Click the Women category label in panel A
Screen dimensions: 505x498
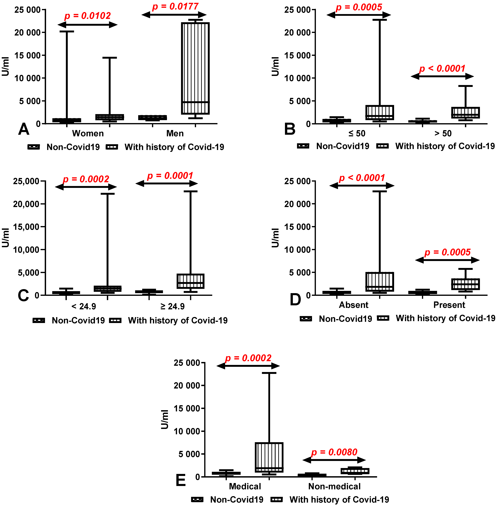click(88, 133)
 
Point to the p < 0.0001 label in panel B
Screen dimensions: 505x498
click(442, 68)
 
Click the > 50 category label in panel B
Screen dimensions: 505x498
click(443, 133)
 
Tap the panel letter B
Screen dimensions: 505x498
click(290, 129)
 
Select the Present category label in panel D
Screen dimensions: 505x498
click(449, 305)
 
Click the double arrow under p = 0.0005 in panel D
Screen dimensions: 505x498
click(447, 260)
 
